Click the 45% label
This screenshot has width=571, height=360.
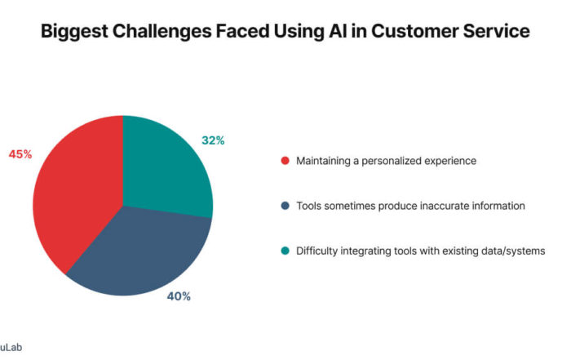pos(20,154)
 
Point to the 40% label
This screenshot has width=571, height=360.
pos(179,296)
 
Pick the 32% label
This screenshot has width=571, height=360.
pos(213,140)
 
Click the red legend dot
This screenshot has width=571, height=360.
pos(285,161)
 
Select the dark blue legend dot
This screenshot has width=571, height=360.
pos(285,206)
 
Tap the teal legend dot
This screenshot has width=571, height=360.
pos(285,251)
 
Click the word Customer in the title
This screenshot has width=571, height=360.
pos(414,30)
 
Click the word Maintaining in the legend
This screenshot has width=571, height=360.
pos(323,161)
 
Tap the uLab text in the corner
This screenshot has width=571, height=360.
pos(11,347)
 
